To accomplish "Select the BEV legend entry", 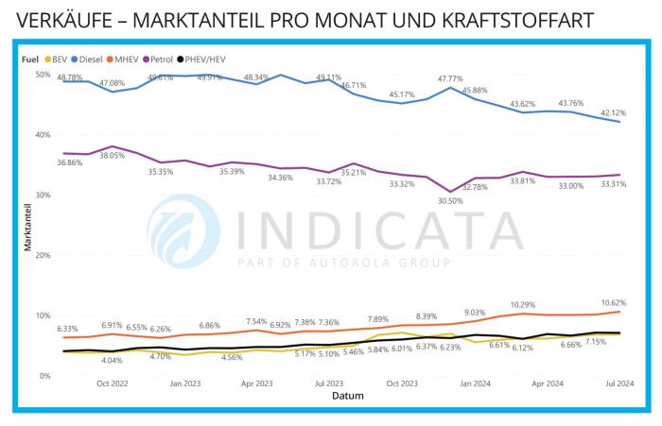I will click(58, 58).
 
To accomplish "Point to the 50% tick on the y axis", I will click(42, 74).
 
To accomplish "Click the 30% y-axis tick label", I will click(42, 195).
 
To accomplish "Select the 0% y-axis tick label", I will click(44, 376).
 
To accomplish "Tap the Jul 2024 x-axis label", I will click(619, 384).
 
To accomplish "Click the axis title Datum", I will click(347, 396).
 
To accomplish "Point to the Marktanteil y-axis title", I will click(27, 225).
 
